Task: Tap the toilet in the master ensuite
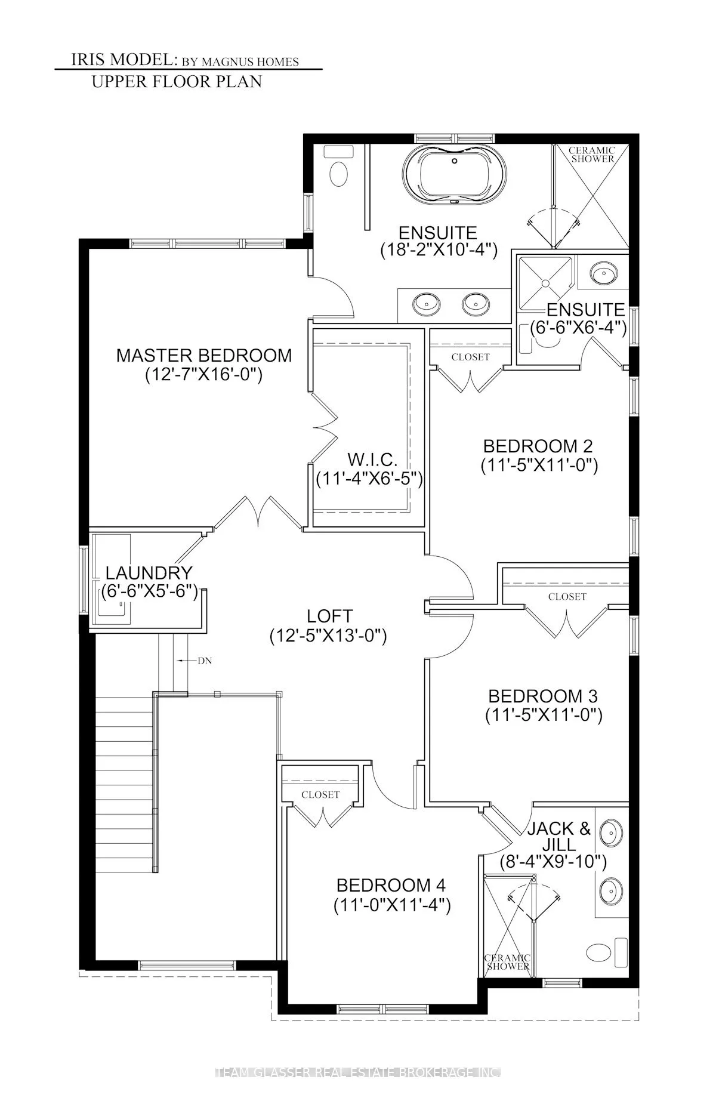point(338,173)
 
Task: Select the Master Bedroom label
point(204,355)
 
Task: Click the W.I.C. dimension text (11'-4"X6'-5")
point(369,479)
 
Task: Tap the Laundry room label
point(149,573)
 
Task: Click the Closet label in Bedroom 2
point(470,357)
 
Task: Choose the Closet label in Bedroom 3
point(567,596)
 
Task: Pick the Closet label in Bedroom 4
point(320,794)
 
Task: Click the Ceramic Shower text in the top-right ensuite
point(591,155)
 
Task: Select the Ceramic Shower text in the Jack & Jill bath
point(508,961)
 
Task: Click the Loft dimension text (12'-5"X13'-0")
point(328,636)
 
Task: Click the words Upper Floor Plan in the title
point(177,81)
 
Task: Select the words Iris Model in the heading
point(122,61)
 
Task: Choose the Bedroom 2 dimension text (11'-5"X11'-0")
point(539,465)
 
